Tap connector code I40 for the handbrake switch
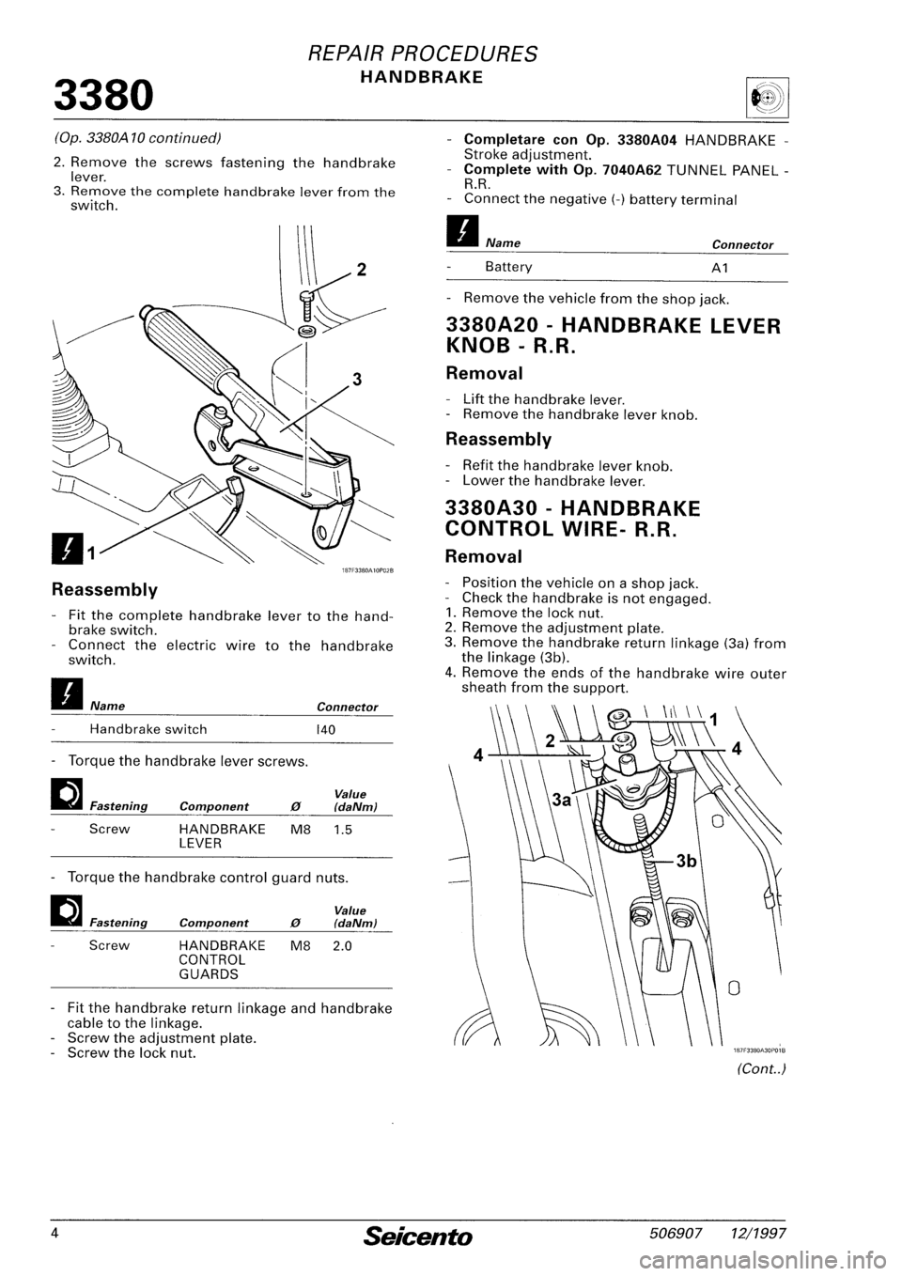[328, 728]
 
